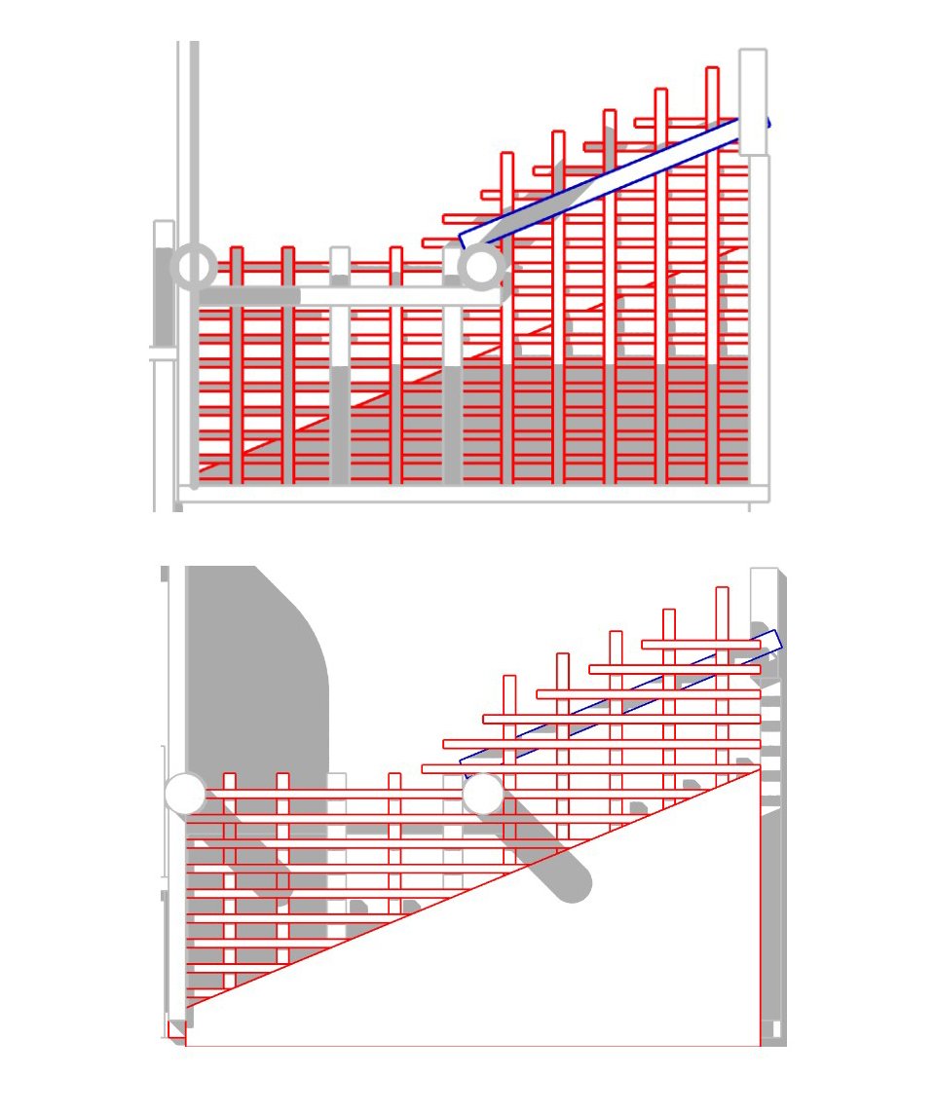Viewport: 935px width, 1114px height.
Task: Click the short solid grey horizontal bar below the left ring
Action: pyautogui.click(x=249, y=295)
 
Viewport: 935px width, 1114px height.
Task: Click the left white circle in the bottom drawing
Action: pyautogui.click(x=185, y=794)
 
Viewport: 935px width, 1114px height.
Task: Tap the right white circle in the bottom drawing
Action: pyautogui.click(x=482, y=795)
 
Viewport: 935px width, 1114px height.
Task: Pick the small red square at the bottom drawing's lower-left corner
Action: pyautogui.click(x=176, y=1028)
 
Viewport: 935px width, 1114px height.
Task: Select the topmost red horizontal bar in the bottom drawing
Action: pyautogui.click(x=701, y=645)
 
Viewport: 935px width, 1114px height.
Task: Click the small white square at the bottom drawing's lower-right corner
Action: pyautogui.click(x=770, y=1028)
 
